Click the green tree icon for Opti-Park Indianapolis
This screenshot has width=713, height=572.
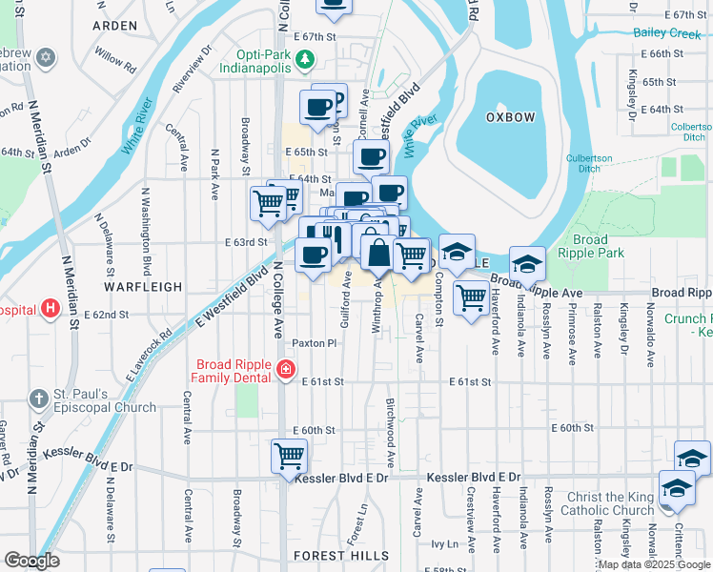[x=304, y=61]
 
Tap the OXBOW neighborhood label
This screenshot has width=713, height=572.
[x=510, y=116]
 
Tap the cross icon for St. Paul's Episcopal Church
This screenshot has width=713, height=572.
[x=37, y=399]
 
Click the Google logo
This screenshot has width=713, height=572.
[x=31, y=561]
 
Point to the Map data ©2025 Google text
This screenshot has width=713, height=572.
[x=655, y=564]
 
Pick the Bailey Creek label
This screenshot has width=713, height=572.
[x=667, y=33]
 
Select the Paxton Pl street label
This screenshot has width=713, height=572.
[x=315, y=343]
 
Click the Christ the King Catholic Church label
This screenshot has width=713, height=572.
[x=594, y=504]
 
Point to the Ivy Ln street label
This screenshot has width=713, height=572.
[x=444, y=544]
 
